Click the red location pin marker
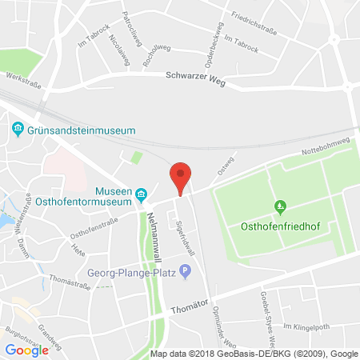182,176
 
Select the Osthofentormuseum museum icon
142,194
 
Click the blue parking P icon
186,272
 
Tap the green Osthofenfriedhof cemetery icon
280,208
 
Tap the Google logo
26,349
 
